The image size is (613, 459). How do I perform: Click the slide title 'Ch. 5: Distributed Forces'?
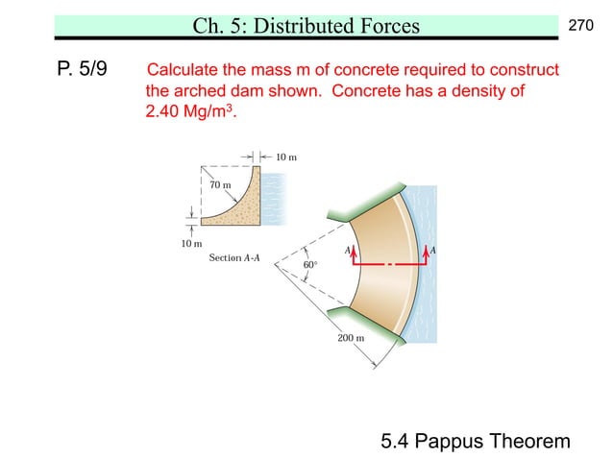(306, 26)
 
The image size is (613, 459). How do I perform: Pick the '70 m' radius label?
(220, 183)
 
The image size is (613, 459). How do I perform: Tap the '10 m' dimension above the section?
(287, 157)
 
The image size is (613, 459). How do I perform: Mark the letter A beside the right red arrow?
(434, 250)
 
